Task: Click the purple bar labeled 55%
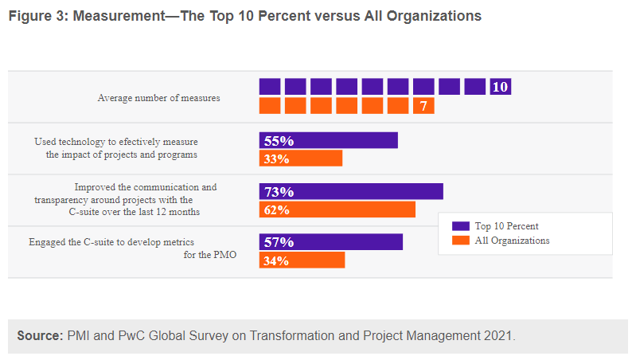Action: pyautogui.click(x=328, y=140)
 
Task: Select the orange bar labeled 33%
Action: pyautogui.click(x=300, y=158)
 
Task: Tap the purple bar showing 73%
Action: pyautogui.click(x=351, y=191)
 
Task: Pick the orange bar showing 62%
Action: pyautogui.click(x=337, y=209)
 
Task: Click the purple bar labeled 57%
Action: pyautogui.click(x=330, y=241)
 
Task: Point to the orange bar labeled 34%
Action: pyautogui.click(x=302, y=260)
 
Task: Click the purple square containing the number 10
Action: pyautogui.click(x=500, y=87)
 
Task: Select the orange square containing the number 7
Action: pyautogui.click(x=423, y=105)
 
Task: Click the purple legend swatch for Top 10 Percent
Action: pyautogui.click(x=459, y=226)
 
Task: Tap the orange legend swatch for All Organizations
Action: pyautogui.click(x=459, y=240)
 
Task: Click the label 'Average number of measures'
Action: pyautogui.click(x=158, y=98)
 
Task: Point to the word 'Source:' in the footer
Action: pyautogui.click(x=39, y=336)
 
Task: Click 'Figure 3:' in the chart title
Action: pyautogui.click(x=37, y=16)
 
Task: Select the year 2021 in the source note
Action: pyautogui.click(x=498, y=336)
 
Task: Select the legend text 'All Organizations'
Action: pyautogui.click(x=512, y=240)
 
